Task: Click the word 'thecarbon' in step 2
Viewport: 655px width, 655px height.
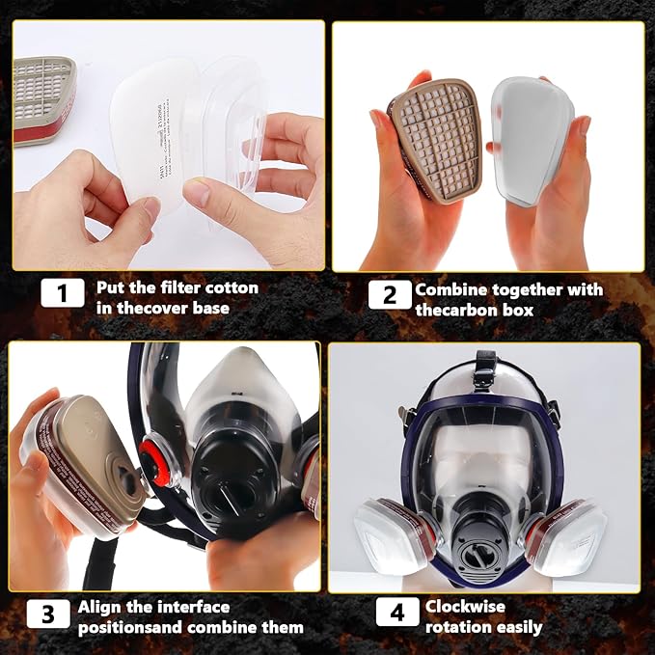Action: [459, 311]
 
